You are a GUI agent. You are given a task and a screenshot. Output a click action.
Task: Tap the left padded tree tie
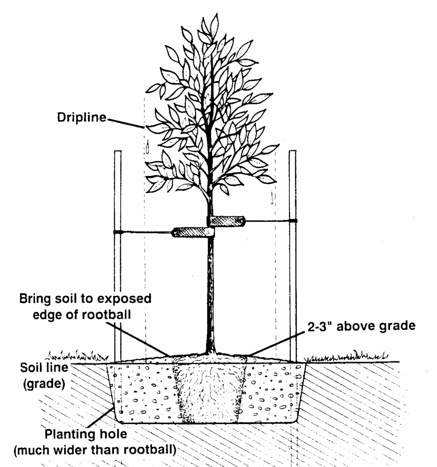point(194,232)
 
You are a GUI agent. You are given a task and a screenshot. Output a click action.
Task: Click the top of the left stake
point(118,152)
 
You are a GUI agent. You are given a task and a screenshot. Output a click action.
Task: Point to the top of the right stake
point(293,152)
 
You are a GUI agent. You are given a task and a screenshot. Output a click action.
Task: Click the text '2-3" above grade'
point(361,326)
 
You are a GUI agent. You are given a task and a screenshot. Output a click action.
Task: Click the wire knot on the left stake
point(118,232)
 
